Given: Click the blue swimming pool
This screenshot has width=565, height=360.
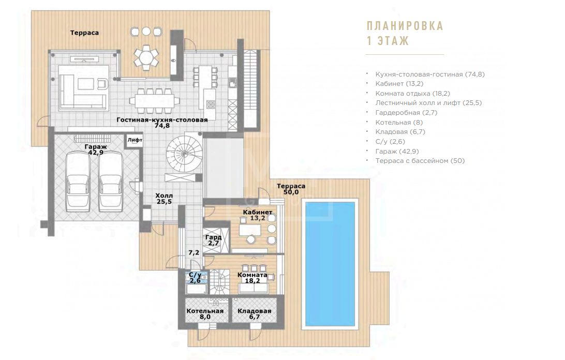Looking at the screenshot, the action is click(x=330, y=264).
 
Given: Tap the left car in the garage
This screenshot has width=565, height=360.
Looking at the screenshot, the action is click(x=78, y=181).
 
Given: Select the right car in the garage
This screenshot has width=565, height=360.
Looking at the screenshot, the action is click(x=111, y=181).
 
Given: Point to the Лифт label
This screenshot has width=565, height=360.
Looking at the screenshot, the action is click(x=135, y=140).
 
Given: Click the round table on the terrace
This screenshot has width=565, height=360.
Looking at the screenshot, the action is click(x=146, y=56).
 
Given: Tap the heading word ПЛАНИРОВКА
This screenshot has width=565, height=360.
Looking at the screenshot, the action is click(x=405, y=26).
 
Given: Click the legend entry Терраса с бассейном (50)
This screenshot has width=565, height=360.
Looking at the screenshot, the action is click(x=420, y=161).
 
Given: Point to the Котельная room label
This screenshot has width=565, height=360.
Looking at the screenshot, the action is click(x=205, y=311).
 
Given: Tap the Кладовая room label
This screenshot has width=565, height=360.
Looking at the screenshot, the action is click(x=255, y=311).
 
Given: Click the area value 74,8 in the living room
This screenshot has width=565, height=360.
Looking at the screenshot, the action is click(x=162, y=126).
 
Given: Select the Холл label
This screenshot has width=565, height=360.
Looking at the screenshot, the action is click(x=164, y=196).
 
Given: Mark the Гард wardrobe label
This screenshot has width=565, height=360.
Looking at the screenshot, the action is click(x=213, y=237).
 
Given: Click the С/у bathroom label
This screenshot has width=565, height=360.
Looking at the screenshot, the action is click(x=195, y=275).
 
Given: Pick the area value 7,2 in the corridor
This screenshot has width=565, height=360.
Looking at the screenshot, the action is click(x=194, y=252).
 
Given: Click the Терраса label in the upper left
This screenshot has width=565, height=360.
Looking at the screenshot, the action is click(x=84, y=33).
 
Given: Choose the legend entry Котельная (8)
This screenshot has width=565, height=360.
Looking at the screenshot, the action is click(x=399, y=122).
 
